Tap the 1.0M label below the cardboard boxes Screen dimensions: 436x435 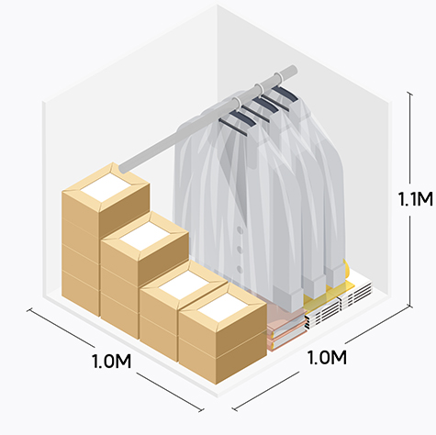coord(111,362)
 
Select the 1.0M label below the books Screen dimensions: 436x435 coord(327,357)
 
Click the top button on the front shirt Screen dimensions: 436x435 coord(240,230)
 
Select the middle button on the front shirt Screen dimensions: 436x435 coord(240,250)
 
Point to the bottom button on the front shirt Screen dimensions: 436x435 coord(240,270)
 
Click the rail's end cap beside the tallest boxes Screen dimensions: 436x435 coord(123,168)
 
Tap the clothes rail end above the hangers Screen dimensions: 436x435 coord(293,70)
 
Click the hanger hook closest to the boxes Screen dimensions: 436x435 coord(236,102)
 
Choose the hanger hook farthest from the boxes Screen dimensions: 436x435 coord(278,76)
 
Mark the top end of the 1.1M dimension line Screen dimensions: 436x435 coord(410,94)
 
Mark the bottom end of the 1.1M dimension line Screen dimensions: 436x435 coord(410,305)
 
